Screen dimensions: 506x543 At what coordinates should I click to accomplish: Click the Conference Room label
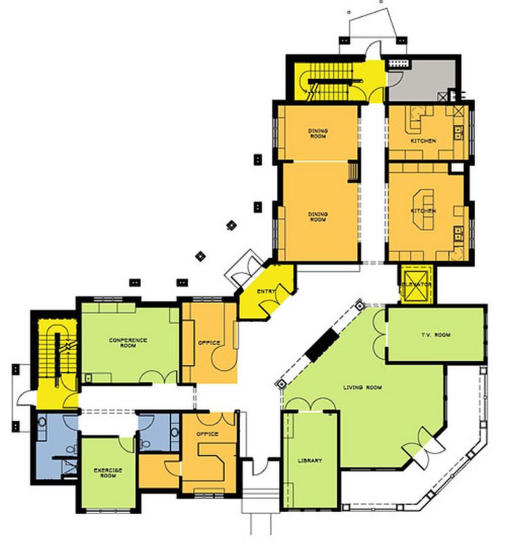(x=128, y=343)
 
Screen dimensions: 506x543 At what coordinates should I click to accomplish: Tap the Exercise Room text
(x=108, y=472)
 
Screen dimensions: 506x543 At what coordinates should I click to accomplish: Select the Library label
(x=310, y=461)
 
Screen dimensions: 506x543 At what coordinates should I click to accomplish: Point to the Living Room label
(x=363, y=387)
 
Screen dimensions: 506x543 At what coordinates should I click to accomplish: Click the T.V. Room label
(x=436, y=335)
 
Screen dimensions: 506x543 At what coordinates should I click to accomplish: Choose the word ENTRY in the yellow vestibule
(x=266, y=291)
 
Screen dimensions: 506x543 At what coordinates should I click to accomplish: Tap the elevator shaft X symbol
(x=416, y=284)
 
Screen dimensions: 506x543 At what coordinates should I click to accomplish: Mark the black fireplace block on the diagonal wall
(x=322, y=345)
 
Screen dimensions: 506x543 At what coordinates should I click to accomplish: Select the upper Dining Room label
(x=318, y=133)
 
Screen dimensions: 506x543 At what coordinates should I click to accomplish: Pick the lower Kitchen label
(x=423, y=211)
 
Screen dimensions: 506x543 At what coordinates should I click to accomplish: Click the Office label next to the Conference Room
(x=209, y=343)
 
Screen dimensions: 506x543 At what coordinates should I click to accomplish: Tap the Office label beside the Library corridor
(x=207, y=434)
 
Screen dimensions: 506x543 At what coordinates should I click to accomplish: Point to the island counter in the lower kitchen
(x=424, y=210)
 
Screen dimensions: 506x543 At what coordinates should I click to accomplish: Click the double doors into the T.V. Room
(x=380, y=335)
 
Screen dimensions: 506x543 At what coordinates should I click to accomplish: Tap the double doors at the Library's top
(x=310, y=404)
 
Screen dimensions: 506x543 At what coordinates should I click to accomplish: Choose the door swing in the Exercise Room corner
(x=127, y=445)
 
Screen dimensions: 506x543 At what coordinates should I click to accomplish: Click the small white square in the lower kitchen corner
(x=457, y=168)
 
